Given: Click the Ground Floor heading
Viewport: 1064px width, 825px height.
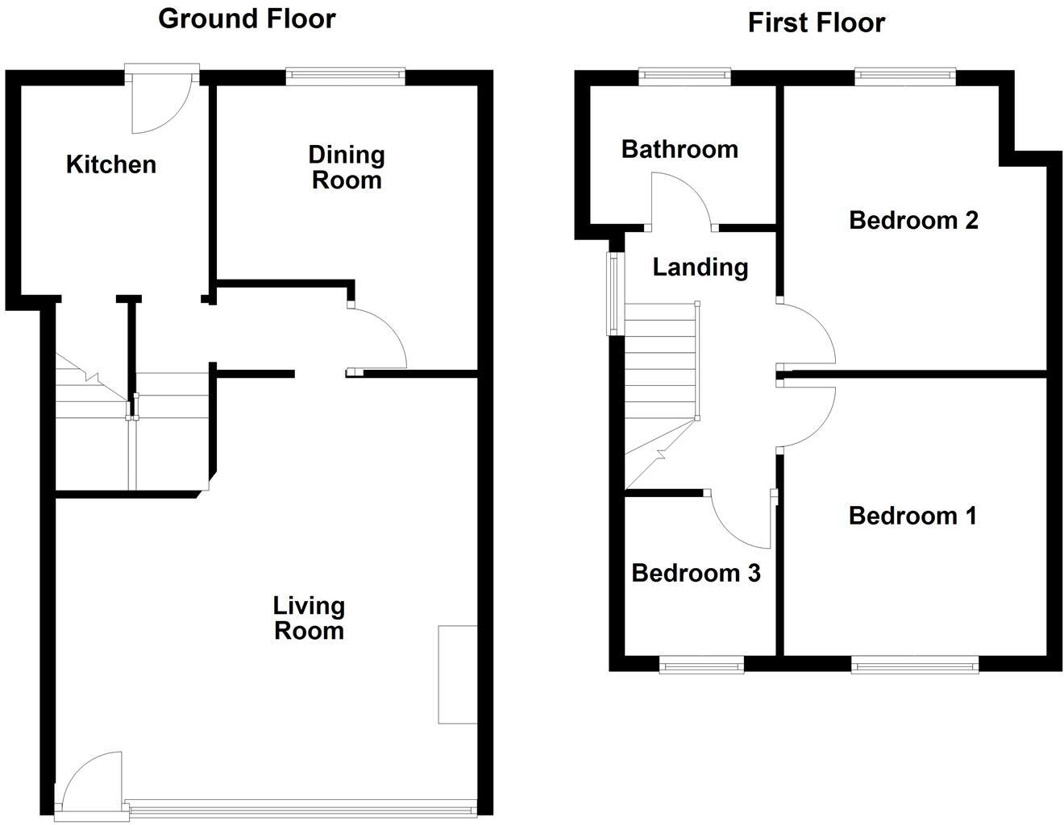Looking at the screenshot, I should (247, 19).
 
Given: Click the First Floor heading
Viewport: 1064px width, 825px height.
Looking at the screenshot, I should (816, 23).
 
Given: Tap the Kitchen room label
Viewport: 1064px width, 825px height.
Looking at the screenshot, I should (110, 164).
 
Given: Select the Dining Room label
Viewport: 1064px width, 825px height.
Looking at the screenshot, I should (347, 167).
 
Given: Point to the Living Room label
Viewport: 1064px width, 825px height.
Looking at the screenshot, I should (309, 618).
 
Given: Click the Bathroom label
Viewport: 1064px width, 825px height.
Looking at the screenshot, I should (680, 149).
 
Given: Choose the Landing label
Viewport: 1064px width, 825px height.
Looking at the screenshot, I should (700, 267).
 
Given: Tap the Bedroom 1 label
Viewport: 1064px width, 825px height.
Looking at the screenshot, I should (912, 516).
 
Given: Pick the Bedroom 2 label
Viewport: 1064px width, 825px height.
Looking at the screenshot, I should (913, 220).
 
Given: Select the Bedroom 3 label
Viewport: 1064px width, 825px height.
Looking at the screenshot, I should (696, 573).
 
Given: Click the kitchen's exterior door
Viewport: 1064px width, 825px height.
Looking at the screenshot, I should (161, 101).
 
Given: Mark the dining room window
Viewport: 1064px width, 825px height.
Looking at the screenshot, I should (345, 77).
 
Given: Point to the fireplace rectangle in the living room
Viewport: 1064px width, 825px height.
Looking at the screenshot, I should (457, 674).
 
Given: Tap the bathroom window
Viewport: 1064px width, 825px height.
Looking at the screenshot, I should (685, 77).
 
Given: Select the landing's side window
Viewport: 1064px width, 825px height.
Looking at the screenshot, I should (613, 293).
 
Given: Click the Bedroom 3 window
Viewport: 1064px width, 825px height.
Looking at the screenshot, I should (701, 665).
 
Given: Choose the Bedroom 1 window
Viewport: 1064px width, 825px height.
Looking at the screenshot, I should (915, 665).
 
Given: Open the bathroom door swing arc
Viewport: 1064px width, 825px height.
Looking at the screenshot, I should (681, 201).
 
